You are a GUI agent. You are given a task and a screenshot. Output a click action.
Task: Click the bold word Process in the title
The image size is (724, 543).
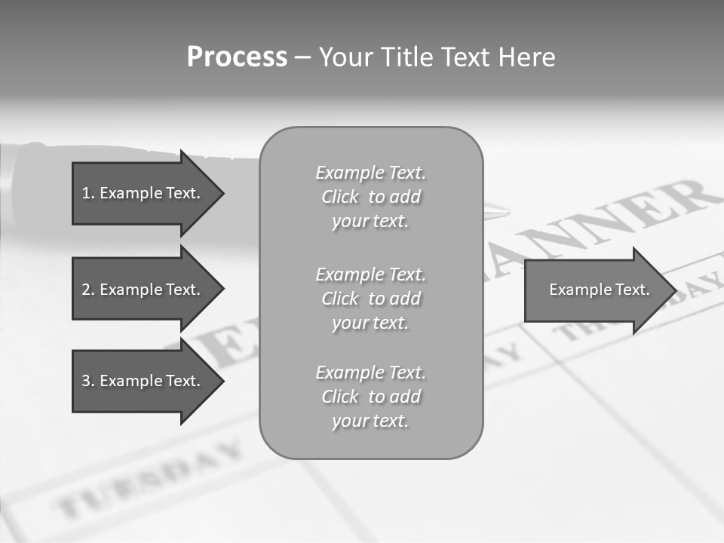click(237, 57)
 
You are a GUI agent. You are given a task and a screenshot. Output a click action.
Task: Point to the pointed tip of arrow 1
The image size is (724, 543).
click(222, 193)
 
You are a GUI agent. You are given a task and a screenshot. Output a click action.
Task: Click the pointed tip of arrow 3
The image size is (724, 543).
click(222, 381)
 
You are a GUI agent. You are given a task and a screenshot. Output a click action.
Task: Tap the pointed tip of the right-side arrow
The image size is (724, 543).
click(674, 290)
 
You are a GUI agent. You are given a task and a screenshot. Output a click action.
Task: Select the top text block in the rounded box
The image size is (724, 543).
click(370, 197)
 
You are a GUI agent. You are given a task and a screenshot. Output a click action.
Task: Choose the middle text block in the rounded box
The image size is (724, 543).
click(370, 298)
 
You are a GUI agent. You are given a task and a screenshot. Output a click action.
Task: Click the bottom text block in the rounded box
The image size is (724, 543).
click(370, 397)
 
